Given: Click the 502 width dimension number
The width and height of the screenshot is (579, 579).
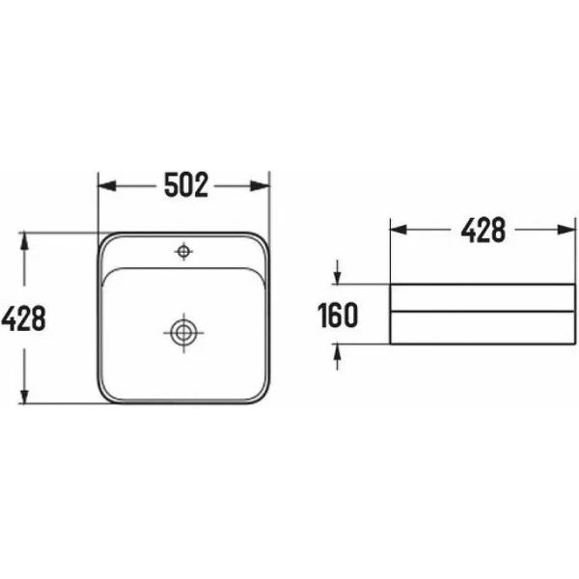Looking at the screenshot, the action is (x=186, y=184).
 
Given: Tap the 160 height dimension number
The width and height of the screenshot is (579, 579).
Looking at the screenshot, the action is (x=338, y=315).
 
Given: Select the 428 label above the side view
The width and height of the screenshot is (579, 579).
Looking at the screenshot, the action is (x=483, y=230).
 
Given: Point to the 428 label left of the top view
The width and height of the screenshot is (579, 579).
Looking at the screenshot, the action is (x=23, y=317).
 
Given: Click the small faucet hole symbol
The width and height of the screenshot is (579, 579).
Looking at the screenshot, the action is (x=183, y=252).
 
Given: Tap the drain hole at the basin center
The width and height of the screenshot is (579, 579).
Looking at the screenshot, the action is (x=183, y=333).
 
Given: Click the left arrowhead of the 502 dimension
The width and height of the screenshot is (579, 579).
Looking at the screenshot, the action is (x=107, y=185).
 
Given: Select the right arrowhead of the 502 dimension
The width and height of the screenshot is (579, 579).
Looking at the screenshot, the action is (x=261, y=185).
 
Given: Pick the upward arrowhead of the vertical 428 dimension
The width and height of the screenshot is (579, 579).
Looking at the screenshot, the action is (x=24, y=240).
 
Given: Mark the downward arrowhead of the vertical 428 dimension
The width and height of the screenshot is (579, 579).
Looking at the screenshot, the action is (x=24, y=395).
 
